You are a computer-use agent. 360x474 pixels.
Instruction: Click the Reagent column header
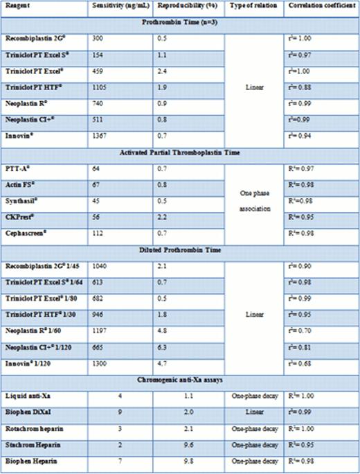[x=16, y=6]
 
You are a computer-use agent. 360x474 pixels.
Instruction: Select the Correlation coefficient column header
[x=319, y=6]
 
